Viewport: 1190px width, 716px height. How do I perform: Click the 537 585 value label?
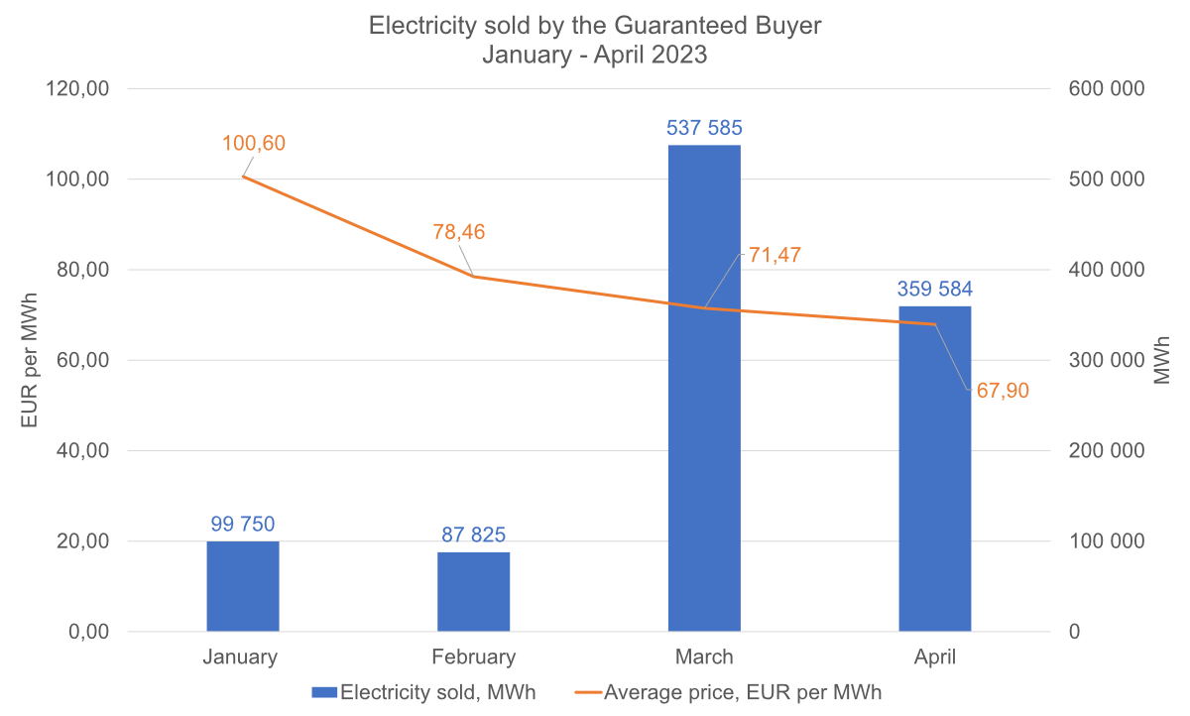(x=704, y=128)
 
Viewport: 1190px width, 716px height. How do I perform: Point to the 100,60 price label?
(x=254, y=143)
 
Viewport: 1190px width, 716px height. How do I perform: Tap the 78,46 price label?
(x=459, y=232)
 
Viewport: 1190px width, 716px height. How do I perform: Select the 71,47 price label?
(x=774, y=255)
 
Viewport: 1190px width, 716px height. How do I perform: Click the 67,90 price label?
(x=1003, y=391)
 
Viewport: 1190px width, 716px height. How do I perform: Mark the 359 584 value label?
(x=935, y=290)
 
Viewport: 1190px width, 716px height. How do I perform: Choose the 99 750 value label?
(x=243, y=524)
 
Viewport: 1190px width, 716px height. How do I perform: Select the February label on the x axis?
(x=474, y=656)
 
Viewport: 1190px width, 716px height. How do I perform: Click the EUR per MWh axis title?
(x=31, y=360)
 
